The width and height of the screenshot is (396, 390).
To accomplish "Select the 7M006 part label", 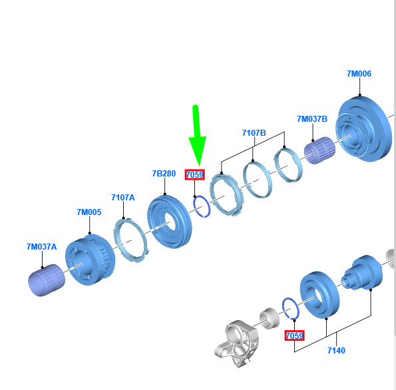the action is pyautogui.click(x=359, y=74).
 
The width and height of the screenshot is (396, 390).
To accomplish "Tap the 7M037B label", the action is pyautogui.click(x=312, y=119).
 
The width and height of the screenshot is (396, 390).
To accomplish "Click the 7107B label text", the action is pyautogui.click(x=254, y=133).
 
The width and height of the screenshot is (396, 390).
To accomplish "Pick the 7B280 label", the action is pyautogui.click(x=164, y=174).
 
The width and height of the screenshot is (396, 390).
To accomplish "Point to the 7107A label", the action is pyautogui.click(x=123, y=198).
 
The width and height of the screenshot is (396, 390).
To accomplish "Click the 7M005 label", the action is pyautogui.click(x=89, y=212).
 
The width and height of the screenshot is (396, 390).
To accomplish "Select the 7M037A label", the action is pyautogui.click(x=42, y=247).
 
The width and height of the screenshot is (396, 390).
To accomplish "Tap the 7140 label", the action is pyautogui.click(x=336, y=351).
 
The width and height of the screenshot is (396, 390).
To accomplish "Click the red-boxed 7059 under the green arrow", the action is pyautogui.click(x=195, y=174).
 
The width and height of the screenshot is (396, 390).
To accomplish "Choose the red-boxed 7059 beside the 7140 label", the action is pyautogui.click(x=294, y=335).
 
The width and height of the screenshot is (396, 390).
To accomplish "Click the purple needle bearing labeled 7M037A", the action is pyautogui.click(x=46, y=280).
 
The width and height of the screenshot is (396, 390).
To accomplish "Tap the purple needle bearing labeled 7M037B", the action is pyautogui.click(x=319, y=150).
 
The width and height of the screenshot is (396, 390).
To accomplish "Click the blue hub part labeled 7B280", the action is pyautogui.click(x=170, y=222).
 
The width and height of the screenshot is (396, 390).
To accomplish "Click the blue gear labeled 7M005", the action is pyautogui.click(x=90, y=260).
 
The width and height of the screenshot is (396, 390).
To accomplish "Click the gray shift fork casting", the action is pyautogui.click(x=237, y=343).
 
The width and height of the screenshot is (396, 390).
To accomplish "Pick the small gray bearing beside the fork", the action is pyautogui.click(x=270, y=319).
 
